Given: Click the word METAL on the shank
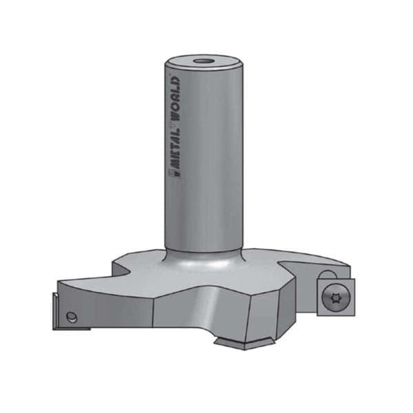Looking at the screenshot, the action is tap(175, 150).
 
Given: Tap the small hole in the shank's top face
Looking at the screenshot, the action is tap(203, 62).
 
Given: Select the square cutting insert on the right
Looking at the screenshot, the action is tap(336, 297).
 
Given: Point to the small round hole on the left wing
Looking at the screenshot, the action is tap(72, 317).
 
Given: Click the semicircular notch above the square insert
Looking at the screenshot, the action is tap(327, 274).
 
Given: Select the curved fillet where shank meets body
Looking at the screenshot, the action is tap(203, 260).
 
